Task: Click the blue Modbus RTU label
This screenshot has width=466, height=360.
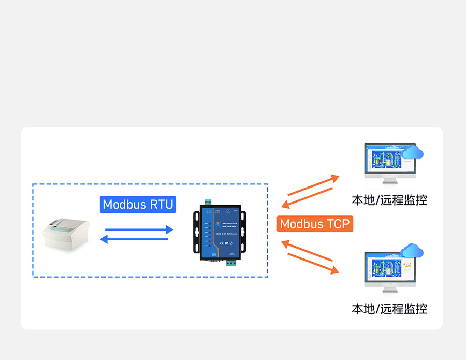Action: pyautogui.click(x=138, y=204)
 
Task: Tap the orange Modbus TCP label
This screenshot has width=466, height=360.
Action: pyautogui.click(x=315, y=224)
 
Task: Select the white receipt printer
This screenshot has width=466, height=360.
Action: pyautogui.click(x=66, y=233)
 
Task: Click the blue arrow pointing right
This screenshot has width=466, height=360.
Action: pyautogui.click(x=139, y=229)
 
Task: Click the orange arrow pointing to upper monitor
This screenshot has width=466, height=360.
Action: pyautogui.click(x=313, y=185)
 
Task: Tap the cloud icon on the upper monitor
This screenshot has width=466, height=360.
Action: pyautogui.click(x=413, y=152)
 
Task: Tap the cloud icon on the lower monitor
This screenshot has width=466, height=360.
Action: pyautogui.click(x=413, y=251)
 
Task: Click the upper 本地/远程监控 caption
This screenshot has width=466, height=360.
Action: pyautogui.click(x=389, y=200)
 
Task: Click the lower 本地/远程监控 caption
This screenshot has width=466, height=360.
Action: pyautogui.click(x=389, y=309)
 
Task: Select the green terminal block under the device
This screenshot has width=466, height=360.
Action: pyautogui.click(x=230, y=261)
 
